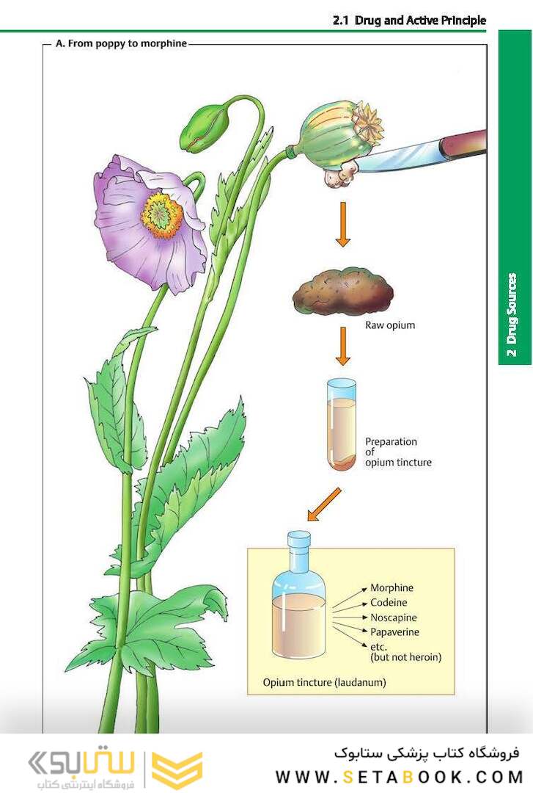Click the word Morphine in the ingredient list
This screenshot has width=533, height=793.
392,587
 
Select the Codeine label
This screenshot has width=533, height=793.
389,602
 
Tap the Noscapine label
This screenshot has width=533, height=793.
394,617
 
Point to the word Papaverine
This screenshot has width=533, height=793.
394,631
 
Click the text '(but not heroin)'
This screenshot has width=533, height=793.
406,657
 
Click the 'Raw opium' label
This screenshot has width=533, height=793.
390,325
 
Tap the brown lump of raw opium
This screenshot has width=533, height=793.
342,294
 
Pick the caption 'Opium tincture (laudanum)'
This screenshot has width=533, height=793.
324,682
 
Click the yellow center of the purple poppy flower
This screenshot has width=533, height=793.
163,212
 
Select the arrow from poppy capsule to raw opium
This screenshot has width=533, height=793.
342,225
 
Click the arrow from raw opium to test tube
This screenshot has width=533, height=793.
342,346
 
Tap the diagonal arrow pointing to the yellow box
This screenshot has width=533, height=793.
324,504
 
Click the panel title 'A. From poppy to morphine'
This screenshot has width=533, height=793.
121,43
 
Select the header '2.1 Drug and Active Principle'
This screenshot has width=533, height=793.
408,21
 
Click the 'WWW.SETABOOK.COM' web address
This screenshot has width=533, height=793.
399,776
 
